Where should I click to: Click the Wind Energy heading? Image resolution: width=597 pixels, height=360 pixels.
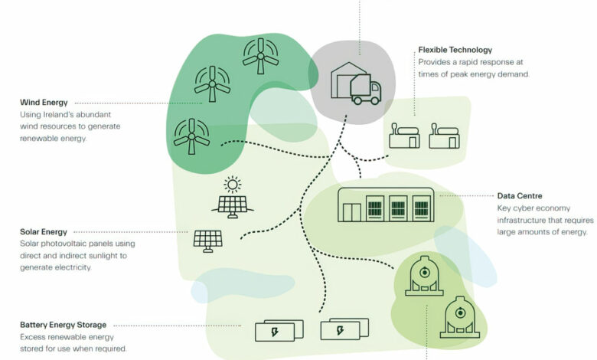[x=44, y=102]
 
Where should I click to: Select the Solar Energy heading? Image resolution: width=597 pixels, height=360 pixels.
[x=44, y=231]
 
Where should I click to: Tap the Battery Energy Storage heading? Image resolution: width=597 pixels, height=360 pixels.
[x=63, y=325]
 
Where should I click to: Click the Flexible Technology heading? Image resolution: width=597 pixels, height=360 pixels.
[x=455, y=50]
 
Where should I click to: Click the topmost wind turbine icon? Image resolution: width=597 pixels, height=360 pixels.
[x=261, y=56]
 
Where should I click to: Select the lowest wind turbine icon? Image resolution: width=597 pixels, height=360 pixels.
[x=191, y=137]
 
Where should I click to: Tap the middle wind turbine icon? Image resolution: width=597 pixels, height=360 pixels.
[x=212, y=84]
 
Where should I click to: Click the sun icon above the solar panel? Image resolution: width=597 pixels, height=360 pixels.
[x=232, y=185]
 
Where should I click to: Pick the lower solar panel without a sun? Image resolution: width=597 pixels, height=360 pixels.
[x=208, y=241]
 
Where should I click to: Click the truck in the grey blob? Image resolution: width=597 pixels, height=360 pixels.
[x=365, y=90]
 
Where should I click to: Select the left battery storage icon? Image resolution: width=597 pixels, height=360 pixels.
[x=269, y=331]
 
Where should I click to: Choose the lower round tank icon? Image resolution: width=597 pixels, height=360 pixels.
[x=459, y=318]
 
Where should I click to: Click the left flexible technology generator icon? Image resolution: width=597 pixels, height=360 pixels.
[x=404, y=137]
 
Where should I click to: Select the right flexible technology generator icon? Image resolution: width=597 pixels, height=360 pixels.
[x=445, y=137]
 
